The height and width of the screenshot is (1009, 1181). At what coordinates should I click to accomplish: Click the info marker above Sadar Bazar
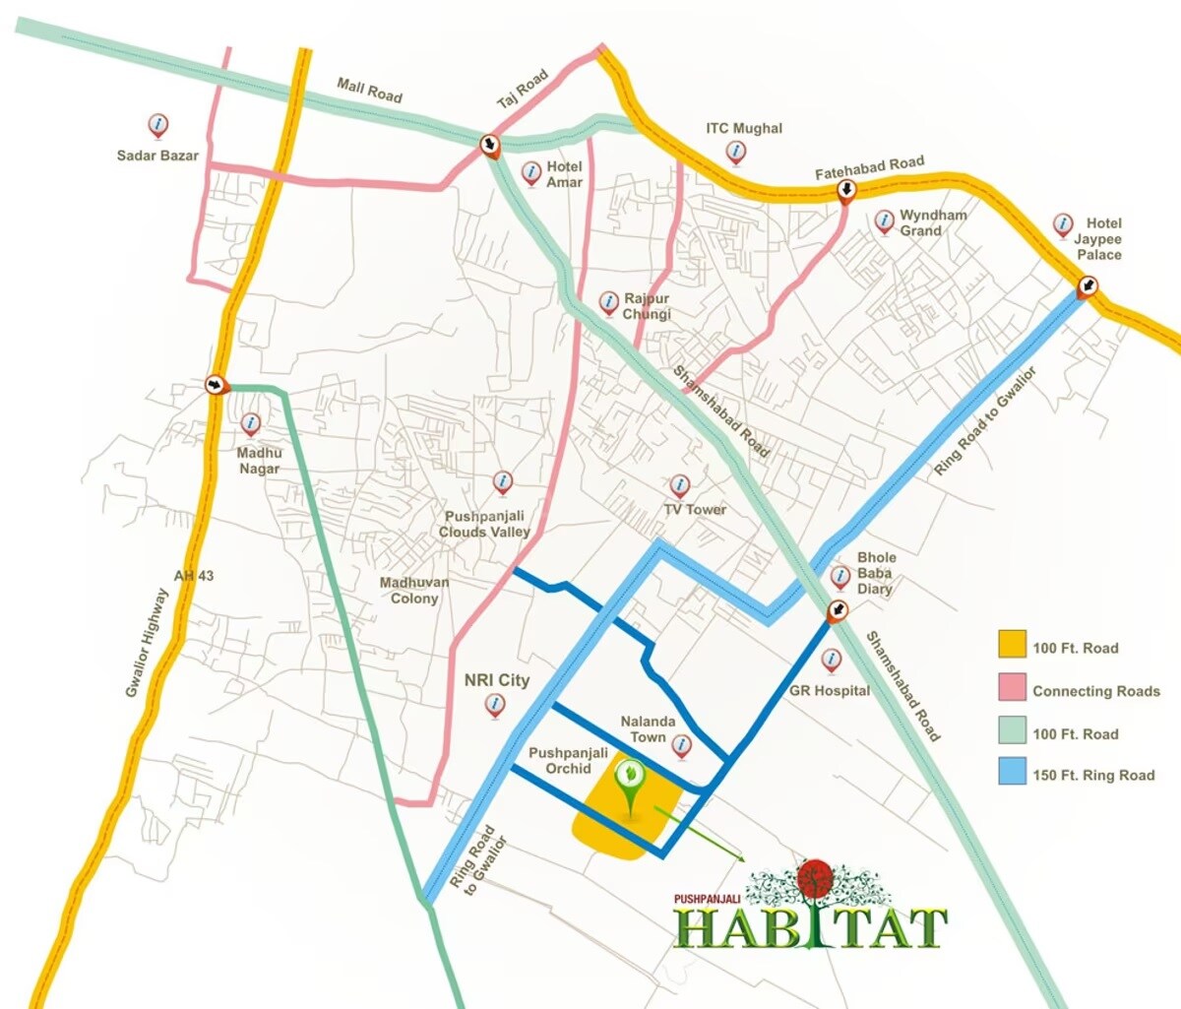point(157,126)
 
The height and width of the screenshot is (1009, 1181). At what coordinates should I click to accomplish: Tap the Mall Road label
point(369,91)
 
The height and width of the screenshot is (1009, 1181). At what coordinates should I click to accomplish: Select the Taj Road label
point(522,90)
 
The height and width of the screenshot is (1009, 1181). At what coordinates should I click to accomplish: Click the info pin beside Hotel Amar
point(531,173)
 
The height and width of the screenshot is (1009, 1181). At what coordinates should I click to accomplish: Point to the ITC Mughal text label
point(744,128)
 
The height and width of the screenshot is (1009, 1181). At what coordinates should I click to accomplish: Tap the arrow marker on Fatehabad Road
point(845,190)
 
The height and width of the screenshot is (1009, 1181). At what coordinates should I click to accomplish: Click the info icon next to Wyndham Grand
point(885,221)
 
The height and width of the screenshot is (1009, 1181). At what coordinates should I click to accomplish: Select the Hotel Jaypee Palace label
point(1098,239)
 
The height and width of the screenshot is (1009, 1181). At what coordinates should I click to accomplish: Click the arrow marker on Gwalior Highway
point(216,384)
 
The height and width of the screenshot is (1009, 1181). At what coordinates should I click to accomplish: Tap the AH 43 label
point(194,576)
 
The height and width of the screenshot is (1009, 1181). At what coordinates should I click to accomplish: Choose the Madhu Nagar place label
point(259,461)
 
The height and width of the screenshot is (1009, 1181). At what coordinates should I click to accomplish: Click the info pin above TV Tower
point(679,485)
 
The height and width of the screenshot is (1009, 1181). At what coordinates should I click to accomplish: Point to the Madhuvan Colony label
point(414,591)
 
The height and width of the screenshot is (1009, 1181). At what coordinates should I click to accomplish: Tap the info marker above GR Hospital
point(832,660)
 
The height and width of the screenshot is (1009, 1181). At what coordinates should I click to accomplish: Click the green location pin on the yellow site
point(627,777)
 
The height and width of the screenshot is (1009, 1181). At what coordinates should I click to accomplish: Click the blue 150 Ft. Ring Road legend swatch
point(1012,773)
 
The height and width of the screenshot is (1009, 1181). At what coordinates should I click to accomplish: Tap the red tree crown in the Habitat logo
point(815,879)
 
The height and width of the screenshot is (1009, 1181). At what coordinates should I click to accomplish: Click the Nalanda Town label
point(648,729)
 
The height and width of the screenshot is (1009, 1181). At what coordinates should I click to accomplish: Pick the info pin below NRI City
point(495,705)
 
